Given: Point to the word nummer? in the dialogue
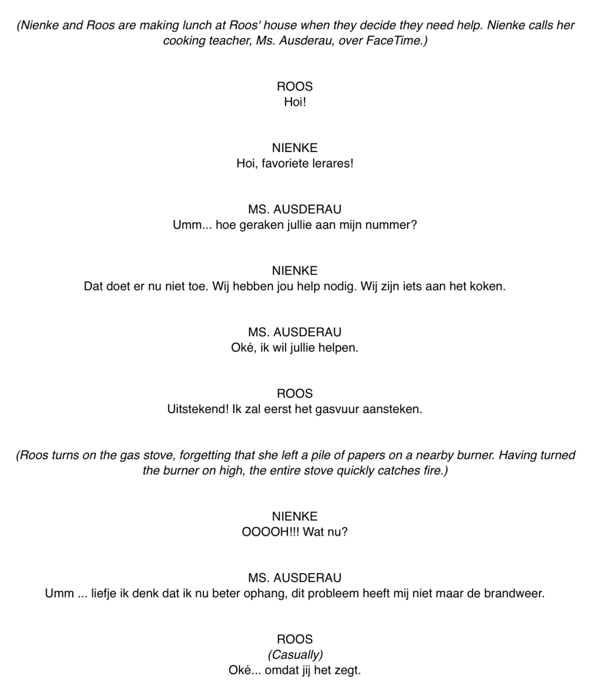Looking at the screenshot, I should pos(395,225).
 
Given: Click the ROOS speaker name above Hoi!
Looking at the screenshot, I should pos(295,87).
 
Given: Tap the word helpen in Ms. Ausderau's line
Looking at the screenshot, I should pos(339,347).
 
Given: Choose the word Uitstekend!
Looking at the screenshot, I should pos(198,409).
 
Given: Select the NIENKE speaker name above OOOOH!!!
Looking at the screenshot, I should pos(295,517).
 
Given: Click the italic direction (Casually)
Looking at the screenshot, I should pos(295,655).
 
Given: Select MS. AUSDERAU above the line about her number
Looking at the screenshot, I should pos(295,210).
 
